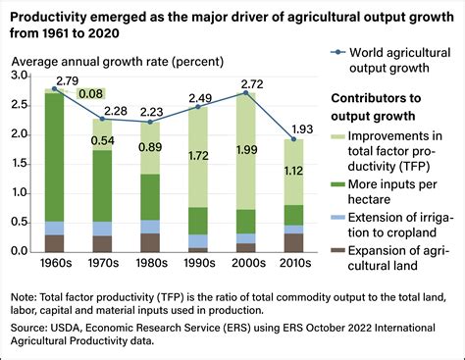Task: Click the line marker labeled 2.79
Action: pyautogui.click(x=53, y=89)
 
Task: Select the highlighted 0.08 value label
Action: pyautogui.click(x=93, y=94)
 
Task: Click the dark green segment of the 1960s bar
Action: pyautogui.click(x=53, y=157)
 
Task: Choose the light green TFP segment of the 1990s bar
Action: pyautogui.click(x=202, y=157)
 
